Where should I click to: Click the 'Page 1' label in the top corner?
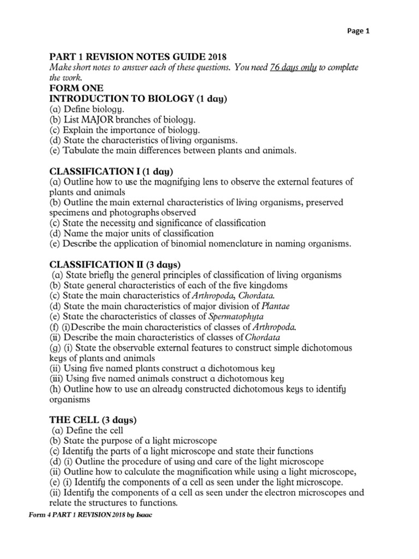(x=358, y=31)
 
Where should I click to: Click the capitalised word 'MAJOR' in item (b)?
(x=107, y=120)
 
